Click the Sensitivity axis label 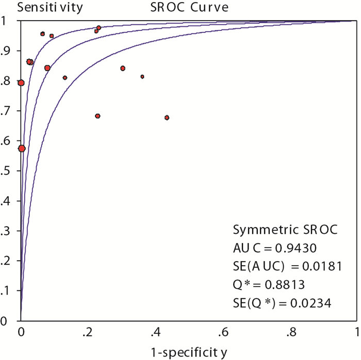click(x=44, y=8)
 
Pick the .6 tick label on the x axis click(x=223, y=331)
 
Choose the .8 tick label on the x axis click(x=290, y=331)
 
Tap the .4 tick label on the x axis click(x=156, y=331)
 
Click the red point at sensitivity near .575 click(x=22, y=148)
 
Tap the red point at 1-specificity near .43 click(x=167, y=118)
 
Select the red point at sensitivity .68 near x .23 click(x=97, y=116)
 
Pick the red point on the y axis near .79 click(x=21, y=83)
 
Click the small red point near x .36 click(x=142, y=77)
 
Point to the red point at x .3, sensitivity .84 click(x=123, y=68)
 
